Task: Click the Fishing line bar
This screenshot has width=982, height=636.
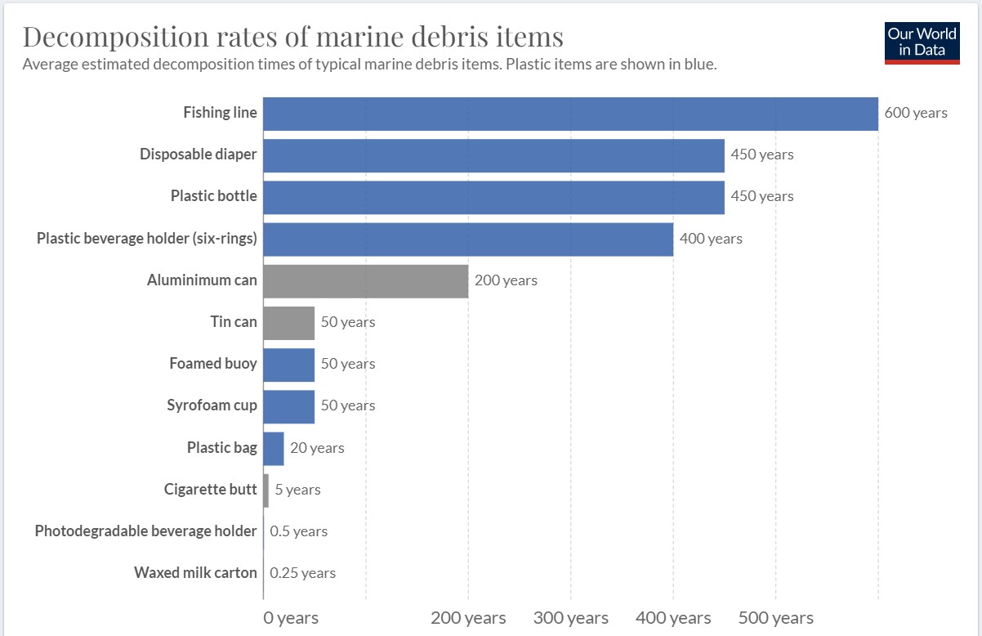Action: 570,114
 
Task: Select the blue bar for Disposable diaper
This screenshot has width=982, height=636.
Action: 493,155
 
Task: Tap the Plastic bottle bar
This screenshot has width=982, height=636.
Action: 493,197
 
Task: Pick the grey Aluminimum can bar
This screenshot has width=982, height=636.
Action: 365,281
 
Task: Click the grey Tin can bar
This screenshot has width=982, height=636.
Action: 288,323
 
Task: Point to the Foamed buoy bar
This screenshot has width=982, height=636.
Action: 288,365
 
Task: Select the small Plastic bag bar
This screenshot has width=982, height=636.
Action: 274,449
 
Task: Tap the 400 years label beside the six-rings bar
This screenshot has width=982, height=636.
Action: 711,239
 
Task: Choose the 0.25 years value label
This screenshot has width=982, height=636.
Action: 302,573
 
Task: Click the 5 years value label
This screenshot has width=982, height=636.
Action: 297,490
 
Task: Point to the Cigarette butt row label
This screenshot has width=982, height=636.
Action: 210,490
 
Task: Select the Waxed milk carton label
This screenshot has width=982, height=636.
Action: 195,573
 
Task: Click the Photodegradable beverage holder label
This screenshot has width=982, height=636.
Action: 145,531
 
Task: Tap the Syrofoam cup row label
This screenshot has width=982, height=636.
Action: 212,405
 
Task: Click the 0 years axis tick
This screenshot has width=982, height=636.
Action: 291,618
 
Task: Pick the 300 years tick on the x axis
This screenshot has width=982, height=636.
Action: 570,618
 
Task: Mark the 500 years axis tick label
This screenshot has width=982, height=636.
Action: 775,618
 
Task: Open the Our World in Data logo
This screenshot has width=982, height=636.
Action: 922,42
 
